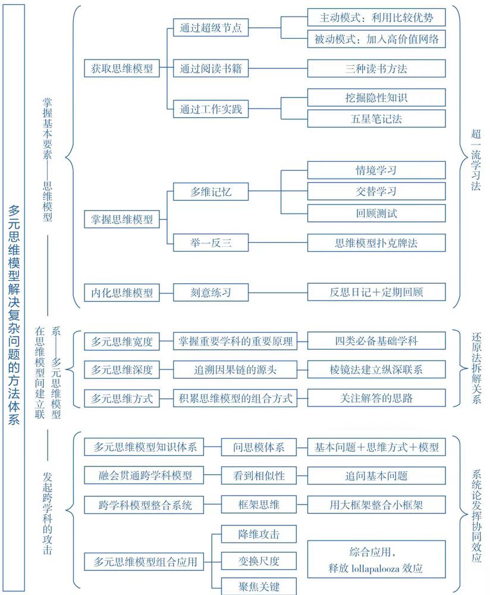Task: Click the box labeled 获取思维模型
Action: click(x=122, y=68)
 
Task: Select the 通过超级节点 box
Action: click(x=211, y=28)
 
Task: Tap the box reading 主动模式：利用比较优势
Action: click(x=376, y=17)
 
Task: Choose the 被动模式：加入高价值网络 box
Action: click(x=376, y=39)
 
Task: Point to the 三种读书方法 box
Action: click(x=376, y=68)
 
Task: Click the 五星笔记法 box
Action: click(x=376, y=119)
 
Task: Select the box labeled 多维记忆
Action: click(x=211, y=192)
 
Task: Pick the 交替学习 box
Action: click(x=376, y=191)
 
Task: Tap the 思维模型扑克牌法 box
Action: click(x=376, y=243)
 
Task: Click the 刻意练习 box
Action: click(x=211, y=293)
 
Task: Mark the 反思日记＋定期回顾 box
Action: click(x=376, y=292)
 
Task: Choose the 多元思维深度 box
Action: click(x=122, y=369)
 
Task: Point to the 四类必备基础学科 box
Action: click(x=376, y=341)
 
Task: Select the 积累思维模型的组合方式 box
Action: click(x=235, y=399)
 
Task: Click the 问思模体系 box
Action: click(x=259, y=447)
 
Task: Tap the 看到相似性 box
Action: click(x=259, y=475)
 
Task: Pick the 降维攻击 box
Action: click(x=259, y=534)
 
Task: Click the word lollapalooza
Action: click(x=375, y=568)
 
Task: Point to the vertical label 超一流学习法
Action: click(x=476, y=159)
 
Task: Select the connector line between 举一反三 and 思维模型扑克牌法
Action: click(x=278, y=243)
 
